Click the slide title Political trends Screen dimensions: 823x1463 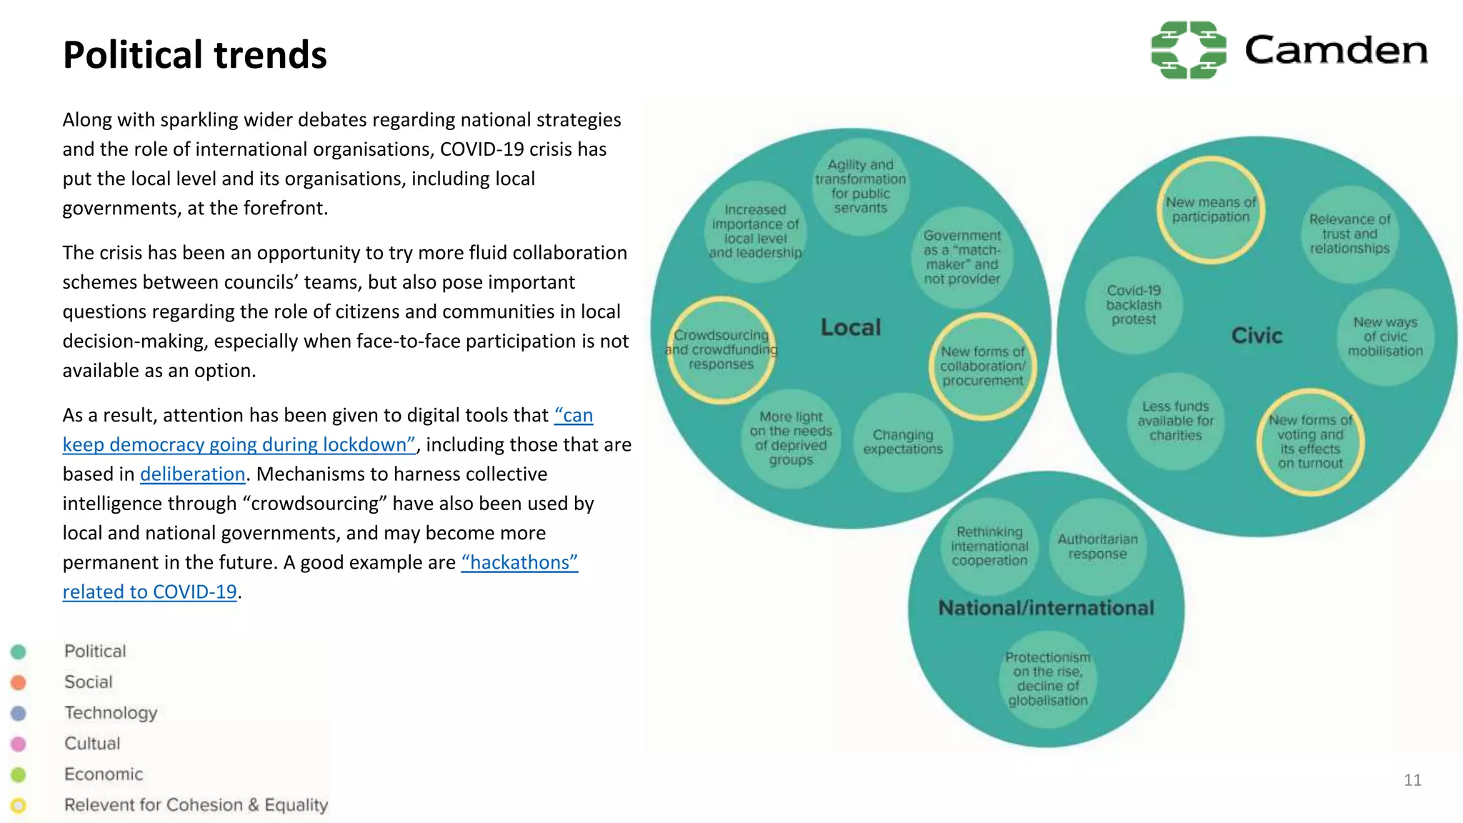click(x=194, y=55)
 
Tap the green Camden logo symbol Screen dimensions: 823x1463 click(x=1188, y=50)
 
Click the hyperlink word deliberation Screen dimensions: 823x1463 click(x=192, y=474)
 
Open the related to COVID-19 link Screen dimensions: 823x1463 click(x=149, y=592)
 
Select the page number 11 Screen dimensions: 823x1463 click(x=1412, y=780)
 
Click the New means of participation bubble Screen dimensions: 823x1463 click(x=1210, y=210)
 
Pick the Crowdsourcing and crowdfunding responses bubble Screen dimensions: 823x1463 click(x=721, y=350)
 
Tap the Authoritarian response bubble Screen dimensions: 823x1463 click(x=1097, y=547)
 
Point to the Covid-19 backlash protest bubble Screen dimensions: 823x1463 click(x=1134, y=305)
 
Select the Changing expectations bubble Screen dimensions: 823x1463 click(x=903, y=442)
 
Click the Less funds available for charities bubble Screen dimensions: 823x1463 click(x=1175, y=421)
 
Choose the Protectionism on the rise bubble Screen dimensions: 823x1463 click(x=1047, y=679)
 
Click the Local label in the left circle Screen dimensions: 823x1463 click(x=850, y=327)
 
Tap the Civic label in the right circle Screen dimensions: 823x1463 click(x=1257, y=336)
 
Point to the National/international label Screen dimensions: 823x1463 click(x=1046, y=608)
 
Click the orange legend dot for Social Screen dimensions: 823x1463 click(x=19, y=682)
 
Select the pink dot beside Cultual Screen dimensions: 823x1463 click(x=19, y=744)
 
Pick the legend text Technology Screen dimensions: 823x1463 click(x=111, y=713)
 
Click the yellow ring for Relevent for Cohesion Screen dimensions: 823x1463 click(x=19, y=806)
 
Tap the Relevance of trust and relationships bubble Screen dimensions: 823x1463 click(x=1349, y=234)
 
